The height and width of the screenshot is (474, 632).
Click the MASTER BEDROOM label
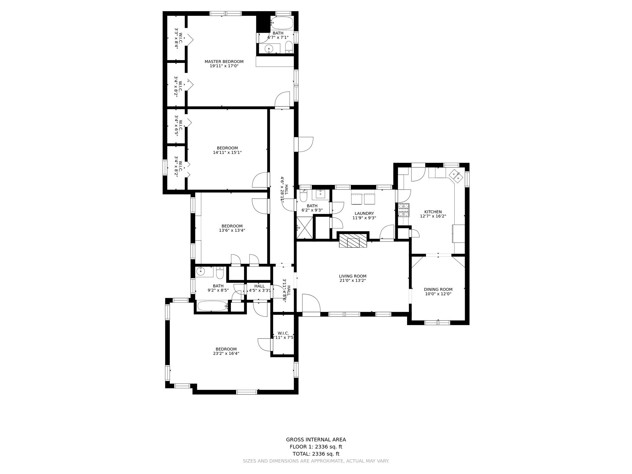coord(224,62)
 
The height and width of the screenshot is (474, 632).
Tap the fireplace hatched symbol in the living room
coord(353,241)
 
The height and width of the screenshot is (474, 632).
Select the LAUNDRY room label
coord(364,214)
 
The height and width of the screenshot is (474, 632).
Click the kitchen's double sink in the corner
coord(456,175)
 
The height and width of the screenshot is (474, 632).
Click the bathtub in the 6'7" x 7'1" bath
coord(282,23)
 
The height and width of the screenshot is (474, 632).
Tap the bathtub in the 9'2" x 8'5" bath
coord(212,306)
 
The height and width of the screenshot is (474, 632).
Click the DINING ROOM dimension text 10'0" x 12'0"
coord(438,294)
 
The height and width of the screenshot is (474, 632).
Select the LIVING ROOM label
coord(353,276)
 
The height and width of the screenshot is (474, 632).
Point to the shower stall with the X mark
coord(305,228)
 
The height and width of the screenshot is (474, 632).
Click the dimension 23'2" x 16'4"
coord(226,354)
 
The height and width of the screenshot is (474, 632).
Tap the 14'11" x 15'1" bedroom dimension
coord(227,152)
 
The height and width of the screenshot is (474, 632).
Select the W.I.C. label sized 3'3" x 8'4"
coord(177,39)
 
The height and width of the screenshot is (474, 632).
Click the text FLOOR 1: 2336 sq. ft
coord(316,447)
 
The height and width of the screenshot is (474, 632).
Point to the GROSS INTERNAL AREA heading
coord(316,440)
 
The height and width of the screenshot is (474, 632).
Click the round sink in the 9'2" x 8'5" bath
coord(201,272)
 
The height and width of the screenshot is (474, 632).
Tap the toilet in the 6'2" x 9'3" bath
coord(304,196)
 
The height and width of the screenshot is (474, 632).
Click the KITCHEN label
coord(433,212)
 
